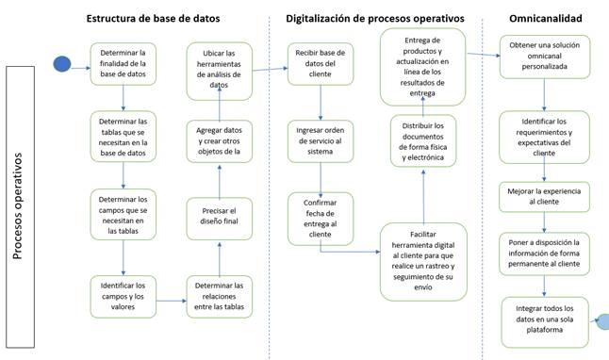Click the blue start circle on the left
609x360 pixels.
pos(61,64)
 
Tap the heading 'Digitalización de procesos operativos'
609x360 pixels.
pos(375,18)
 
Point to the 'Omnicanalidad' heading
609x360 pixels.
pos(544,18)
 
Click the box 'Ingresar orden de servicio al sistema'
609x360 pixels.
pos(321,141)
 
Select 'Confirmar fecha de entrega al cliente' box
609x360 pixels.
pos(321,215)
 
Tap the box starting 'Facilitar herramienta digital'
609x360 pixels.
pos(423,261)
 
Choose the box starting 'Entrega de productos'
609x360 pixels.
pos(423,65)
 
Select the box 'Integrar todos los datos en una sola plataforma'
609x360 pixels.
pos(545,321)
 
